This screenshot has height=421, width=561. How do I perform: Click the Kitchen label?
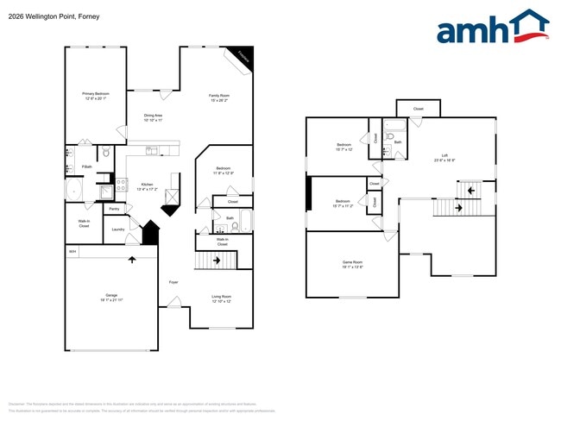pos(123,184)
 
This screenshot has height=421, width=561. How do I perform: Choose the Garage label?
pos(111,296)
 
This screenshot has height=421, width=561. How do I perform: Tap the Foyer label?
pos(173,282)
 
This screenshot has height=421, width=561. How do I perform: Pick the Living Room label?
pos(222,296)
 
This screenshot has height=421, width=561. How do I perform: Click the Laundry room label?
pos(119,229)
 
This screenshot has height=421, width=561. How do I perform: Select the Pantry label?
pos(114,209)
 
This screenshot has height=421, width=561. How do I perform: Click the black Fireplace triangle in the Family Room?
pos(245,55)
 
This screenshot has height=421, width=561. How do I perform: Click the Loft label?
pos(444,156)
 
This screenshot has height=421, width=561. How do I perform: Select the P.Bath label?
pos(87,167)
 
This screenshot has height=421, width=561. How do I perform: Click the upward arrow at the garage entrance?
pos(131,259)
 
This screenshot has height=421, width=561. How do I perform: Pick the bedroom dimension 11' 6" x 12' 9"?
pos(222,173)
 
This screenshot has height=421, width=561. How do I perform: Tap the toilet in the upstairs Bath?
pos(387,152)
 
